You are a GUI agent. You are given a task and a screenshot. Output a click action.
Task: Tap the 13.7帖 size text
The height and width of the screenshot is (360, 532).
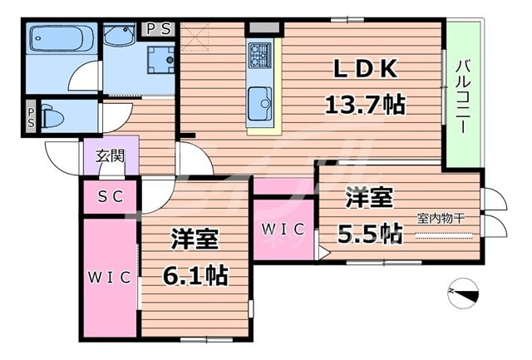pos(364,104)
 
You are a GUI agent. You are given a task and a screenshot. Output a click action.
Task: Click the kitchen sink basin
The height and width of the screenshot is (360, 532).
pos(260,101)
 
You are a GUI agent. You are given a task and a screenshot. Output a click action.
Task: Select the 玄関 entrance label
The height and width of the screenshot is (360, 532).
pos(110,155)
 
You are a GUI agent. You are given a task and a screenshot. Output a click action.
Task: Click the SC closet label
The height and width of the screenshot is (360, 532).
pos(109,197)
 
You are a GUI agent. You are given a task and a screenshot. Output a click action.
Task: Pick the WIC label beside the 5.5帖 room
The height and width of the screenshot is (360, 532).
pos(283,228)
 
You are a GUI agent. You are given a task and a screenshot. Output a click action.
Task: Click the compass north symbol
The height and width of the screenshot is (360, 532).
pos(462,292)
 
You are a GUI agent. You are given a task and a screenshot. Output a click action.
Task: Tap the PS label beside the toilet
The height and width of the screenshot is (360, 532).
pos(31,116)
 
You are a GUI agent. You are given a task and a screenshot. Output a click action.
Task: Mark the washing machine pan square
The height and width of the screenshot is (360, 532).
pos(160,59)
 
